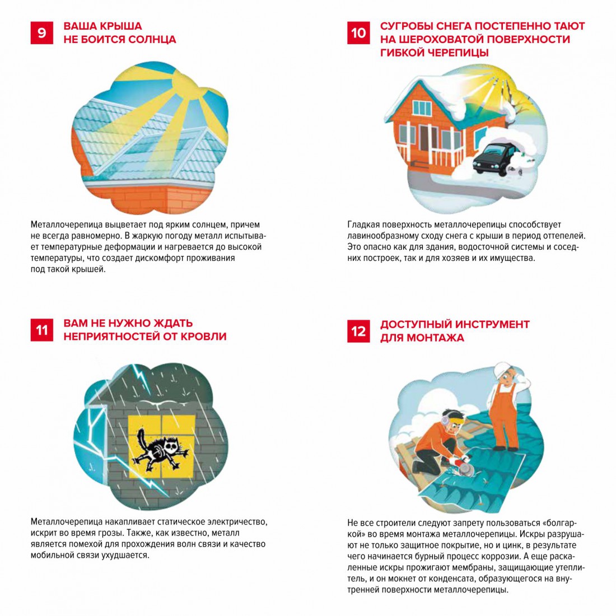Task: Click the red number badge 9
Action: click(x=41, y=32)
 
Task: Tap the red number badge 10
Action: click(x=358, y=32)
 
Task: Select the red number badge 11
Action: click(x=41, y=330)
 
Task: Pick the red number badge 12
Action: click(x=358, y=331)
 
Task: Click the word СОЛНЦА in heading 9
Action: click(x=152, y=40)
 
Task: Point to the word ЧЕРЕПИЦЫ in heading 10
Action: click(x=458, y=53)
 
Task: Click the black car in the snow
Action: click(x=493, y=159)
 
